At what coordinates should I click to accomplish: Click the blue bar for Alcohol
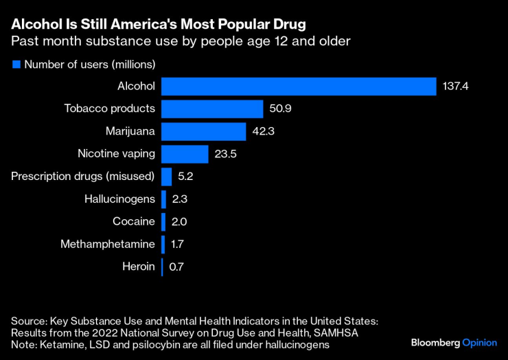[x=299, y=87]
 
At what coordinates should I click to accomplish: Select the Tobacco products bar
[x=212, y=109]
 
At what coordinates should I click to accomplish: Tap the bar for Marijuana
[x=203, y=131]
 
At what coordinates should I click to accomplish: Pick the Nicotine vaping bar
[x=185, y=154]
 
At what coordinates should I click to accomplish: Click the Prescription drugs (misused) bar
[x=166, y=177]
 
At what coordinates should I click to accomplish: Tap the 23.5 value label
[x=226, y=154]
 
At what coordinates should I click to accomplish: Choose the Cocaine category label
[x=134, y=221]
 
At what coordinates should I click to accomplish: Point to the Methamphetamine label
[x=108, y=244]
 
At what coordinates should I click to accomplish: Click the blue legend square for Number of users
[x=16, y=65]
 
